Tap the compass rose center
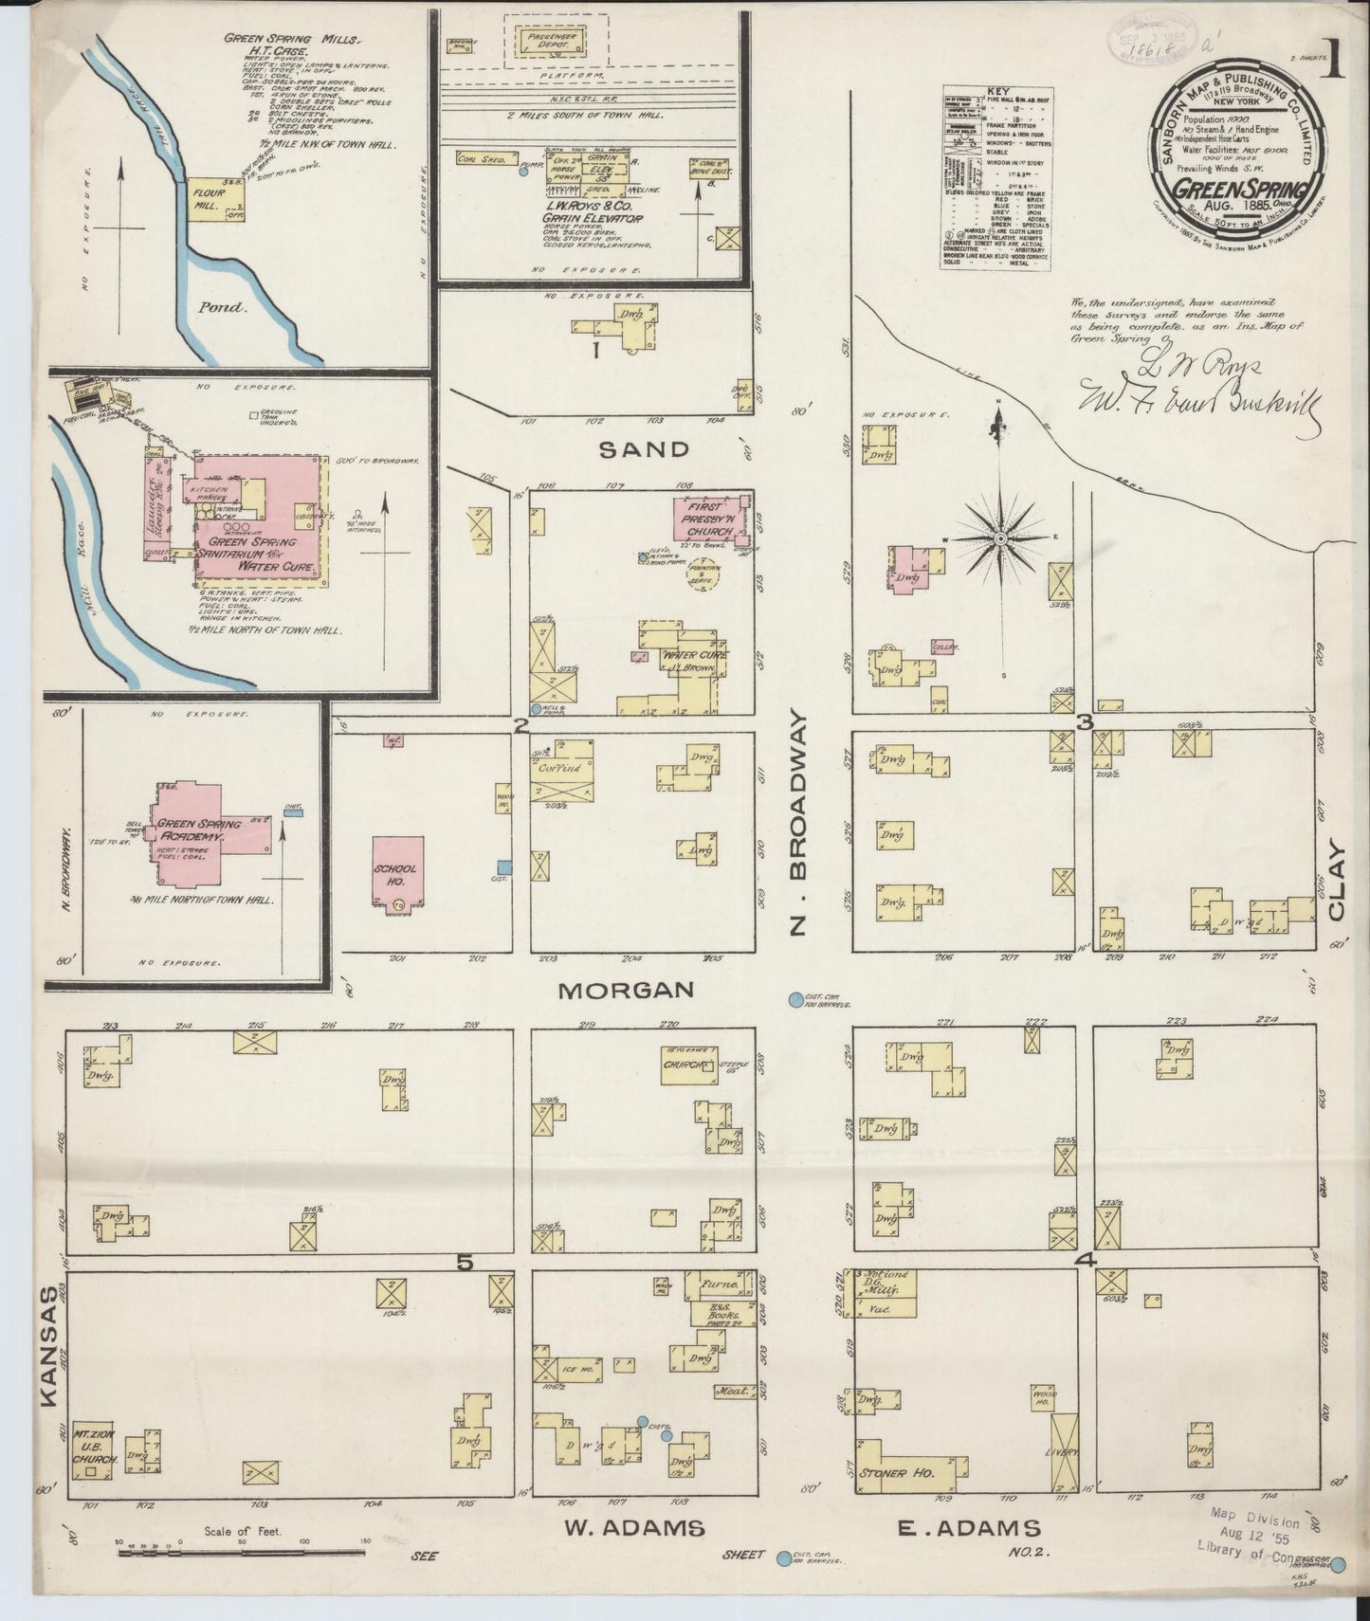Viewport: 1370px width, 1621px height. click(x=1000, y=538)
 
